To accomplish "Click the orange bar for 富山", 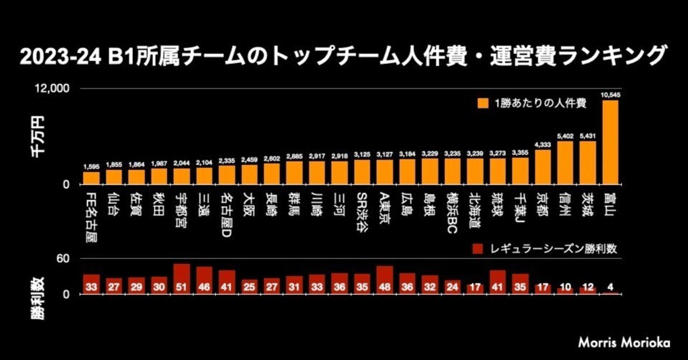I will [x=610, y=142].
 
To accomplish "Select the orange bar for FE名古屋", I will [x=91, y=178].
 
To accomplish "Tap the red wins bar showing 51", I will [x=182, y=279].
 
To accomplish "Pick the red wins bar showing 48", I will [x=385, y=280].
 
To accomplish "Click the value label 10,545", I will [x=610, y=95].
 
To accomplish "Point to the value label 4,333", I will [x=543, y=145].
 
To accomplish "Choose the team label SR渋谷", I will [x=362, y=211].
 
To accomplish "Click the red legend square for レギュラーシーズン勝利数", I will [x=476, y=249].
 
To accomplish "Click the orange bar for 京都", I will [x=543, y=167].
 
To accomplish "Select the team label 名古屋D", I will [x=227, y=212].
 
